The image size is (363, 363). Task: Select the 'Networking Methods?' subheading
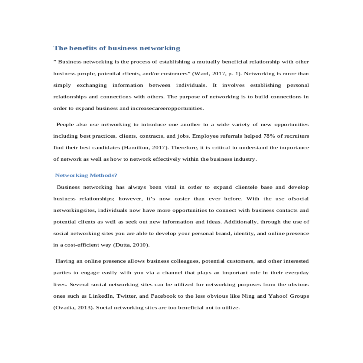(86, 175)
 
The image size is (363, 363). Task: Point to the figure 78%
(269, 136)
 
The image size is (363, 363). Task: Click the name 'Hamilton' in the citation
(134, 148)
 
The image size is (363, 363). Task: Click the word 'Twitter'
(127, 296)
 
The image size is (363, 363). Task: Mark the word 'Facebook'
(163, 296)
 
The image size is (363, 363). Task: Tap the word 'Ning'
(248, 296)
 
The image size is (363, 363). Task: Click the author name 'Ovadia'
(65, 308)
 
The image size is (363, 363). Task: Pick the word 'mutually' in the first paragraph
(208, 62)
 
